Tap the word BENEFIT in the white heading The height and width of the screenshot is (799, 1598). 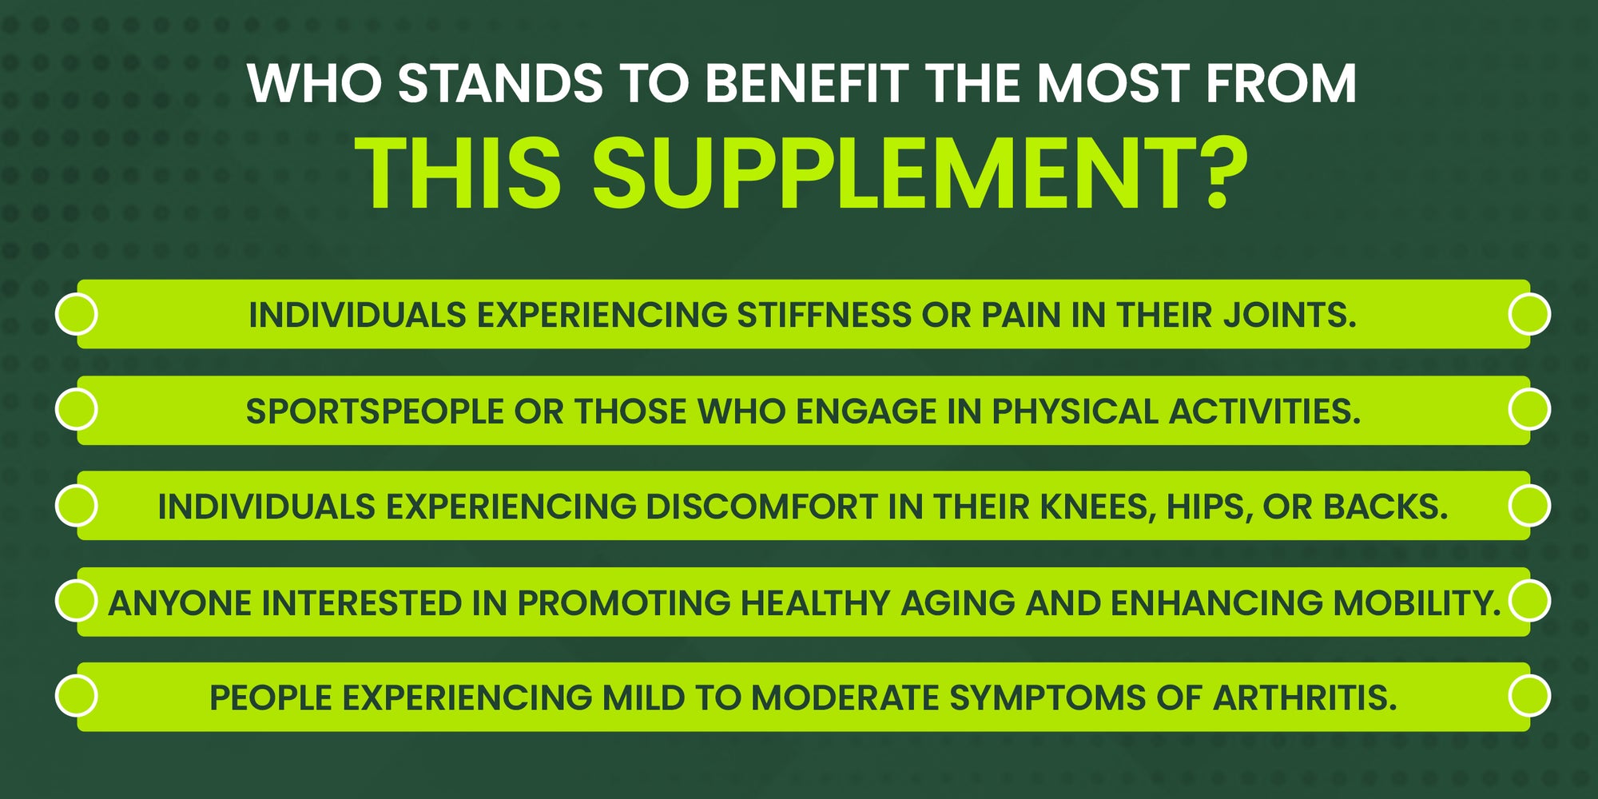[807, 83]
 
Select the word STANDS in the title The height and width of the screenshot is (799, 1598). [501, 83]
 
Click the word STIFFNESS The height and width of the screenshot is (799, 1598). [825, 315]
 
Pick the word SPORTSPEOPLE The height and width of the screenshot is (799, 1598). [375, 411]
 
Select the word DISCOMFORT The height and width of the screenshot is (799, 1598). [762, 507]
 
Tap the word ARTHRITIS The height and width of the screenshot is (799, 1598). [1305, 698]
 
